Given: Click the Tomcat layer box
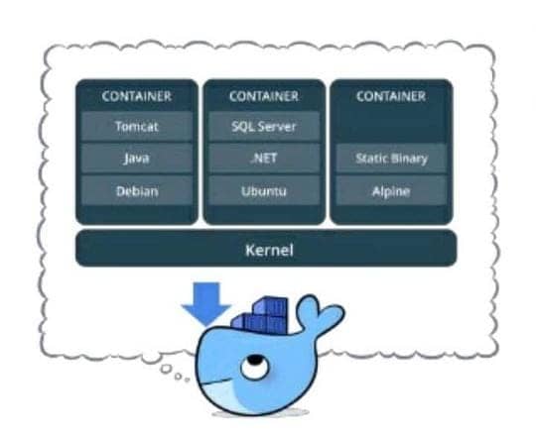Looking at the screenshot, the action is pos(137,126).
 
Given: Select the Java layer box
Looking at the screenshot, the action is pos(137,159).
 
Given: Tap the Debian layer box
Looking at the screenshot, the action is pos(137,190).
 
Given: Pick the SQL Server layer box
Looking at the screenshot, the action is pos(264,126).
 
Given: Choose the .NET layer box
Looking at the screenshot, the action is pos(264,159).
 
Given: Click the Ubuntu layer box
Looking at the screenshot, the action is pos(264,190).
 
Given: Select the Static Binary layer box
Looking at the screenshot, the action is pos(391,159).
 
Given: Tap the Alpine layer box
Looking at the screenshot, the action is pos(391,190).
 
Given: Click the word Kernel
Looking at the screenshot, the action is pos(269,251).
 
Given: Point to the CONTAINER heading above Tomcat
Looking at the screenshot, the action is pos(137,96).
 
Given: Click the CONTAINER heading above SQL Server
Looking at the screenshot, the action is pos(264,96).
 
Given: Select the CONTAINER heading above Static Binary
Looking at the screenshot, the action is pos(391,96).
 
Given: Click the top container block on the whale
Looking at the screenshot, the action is pos(269,306).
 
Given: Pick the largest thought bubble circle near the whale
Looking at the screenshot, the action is pos(167,369).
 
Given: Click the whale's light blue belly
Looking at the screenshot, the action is pos(218,396).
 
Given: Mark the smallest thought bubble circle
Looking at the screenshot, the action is pos(187,380).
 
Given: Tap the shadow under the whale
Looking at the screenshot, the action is pos(260,413).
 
